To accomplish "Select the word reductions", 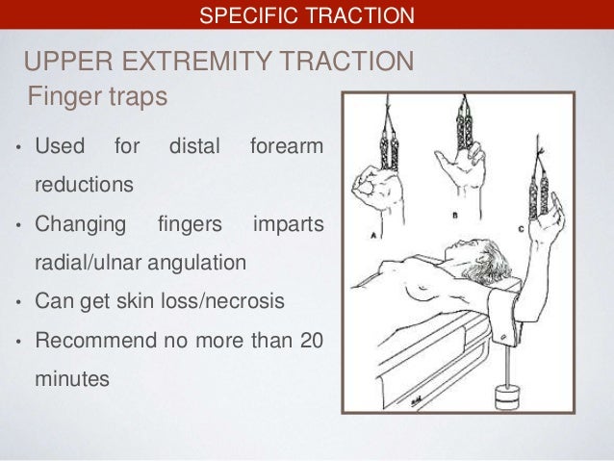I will click(x=85, y=182).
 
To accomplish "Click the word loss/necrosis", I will click(x=219, y=301).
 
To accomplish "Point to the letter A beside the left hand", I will click(x=371, y=233).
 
